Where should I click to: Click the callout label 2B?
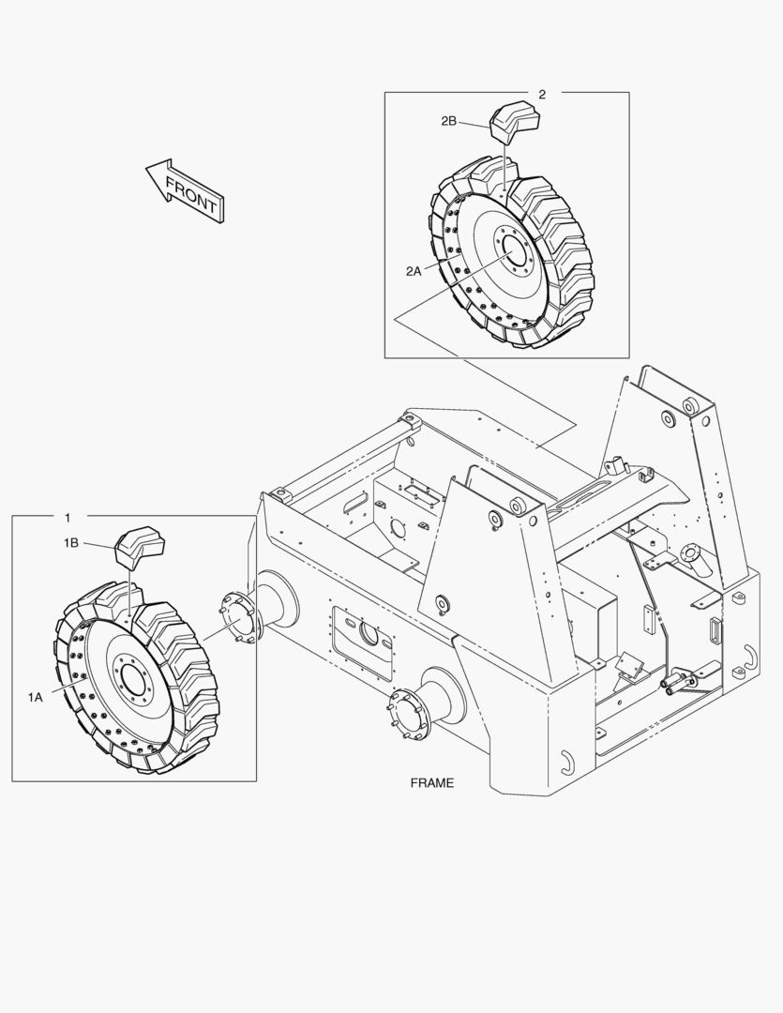coord(448,121)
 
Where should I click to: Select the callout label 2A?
coord(414,270)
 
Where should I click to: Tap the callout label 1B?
coord(72,543)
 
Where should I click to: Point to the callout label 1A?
coord(36,697)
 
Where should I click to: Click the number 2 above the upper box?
coord(542,94)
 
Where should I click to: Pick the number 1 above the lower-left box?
coord(67,518)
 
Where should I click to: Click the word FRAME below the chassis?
coord(431,782)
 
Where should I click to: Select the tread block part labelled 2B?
coord(513,121)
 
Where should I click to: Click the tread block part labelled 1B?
coord(139,549)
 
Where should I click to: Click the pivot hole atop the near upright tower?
coord(495,517)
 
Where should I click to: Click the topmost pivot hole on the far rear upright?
coord(693,407)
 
